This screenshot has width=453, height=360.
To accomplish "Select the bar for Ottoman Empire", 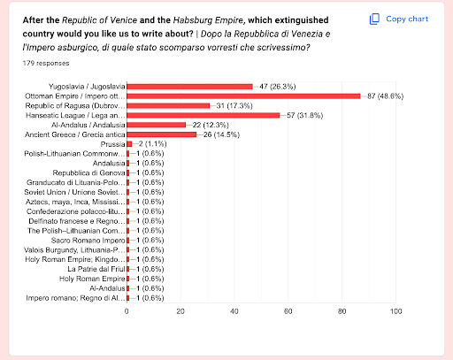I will [x=243, y=96].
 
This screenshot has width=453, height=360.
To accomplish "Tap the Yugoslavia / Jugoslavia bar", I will [x=189, y=86].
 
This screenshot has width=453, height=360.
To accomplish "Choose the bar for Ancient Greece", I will [x=162, y=134].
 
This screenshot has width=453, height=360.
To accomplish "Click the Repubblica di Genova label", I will [x=87, y=173].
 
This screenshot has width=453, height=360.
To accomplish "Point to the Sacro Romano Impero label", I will [x=89, y=240].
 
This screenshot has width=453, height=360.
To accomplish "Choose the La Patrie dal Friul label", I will [x=92, y=269].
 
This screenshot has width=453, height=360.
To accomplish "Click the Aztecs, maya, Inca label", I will [x=77, y=202].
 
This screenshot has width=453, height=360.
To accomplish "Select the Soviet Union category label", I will [x=78, y=192].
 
